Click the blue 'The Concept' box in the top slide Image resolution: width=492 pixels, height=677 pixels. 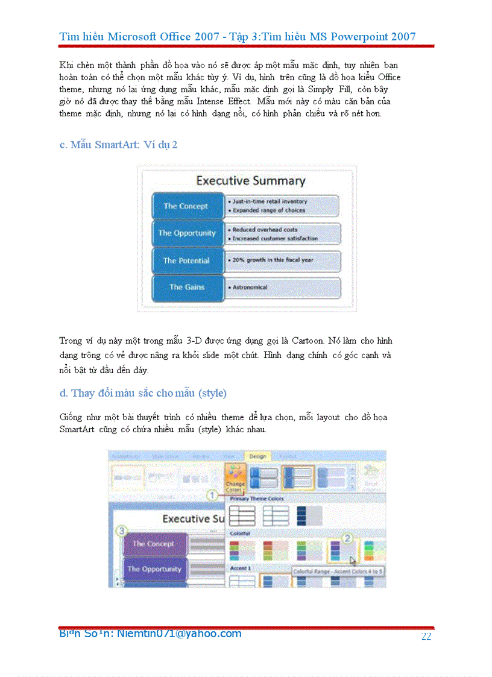pos(186,206)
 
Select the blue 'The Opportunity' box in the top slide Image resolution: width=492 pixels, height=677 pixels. pos(186,233)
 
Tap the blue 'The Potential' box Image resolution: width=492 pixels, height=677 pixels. pos(186,260)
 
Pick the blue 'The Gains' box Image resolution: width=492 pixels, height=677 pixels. pos(186,288)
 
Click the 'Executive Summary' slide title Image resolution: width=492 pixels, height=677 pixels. pos(250,180)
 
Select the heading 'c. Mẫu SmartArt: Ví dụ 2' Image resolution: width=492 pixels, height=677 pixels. pos(118,145)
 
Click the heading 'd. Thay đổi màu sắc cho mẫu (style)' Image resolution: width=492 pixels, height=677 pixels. pos(143,393)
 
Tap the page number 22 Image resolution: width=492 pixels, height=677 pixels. pos(426,637)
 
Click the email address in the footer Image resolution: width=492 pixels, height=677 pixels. pos(150,634)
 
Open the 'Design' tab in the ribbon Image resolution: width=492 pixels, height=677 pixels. pos(257,456)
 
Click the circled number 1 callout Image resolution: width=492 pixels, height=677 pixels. pos(212,495)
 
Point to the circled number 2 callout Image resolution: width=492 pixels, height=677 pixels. pos(347,538)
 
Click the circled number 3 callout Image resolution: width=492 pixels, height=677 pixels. pos(122,531)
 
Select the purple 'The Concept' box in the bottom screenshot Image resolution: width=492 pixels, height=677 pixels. pos(153,544)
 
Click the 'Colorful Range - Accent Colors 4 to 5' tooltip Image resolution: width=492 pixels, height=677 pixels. pos(338,571)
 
